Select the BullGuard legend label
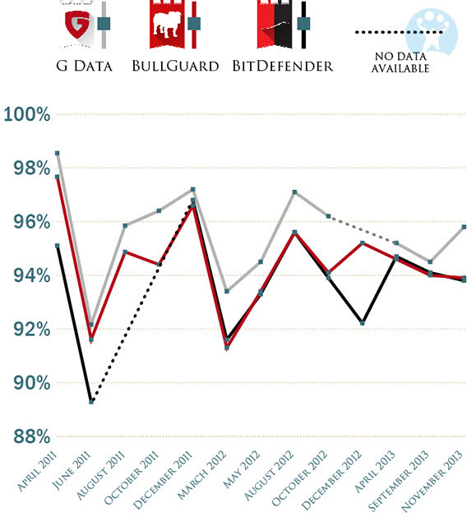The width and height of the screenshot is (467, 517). pos(176,66)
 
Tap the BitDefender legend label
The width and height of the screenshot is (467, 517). pos(283,66)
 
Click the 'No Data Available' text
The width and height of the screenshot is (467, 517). pos(400,63)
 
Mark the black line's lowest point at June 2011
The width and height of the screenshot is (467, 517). pos(91,401)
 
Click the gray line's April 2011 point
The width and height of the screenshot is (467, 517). pos(57,153)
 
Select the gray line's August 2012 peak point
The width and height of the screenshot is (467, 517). pos(294,192)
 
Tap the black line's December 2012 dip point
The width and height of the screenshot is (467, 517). pos(363,323)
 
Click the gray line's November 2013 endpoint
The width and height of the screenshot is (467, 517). pos(465,227)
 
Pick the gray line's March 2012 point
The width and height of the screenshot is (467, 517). pos(227,291)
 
